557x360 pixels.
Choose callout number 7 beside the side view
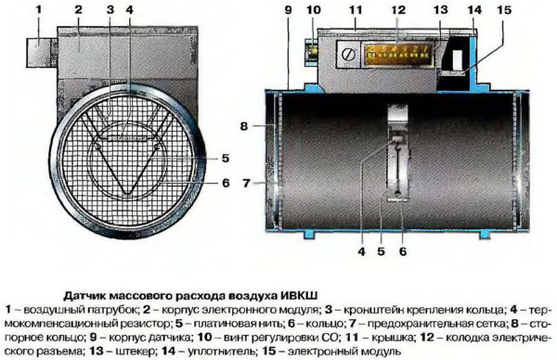245,185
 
